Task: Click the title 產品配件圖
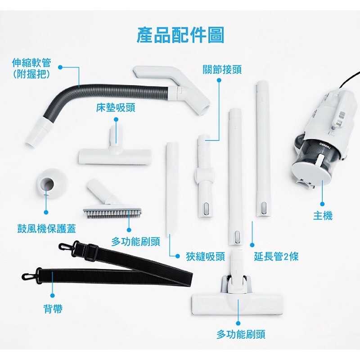[180, 35]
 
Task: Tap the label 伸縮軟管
[31, 63]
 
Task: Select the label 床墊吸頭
[116, 108]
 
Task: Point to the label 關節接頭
[222, 70]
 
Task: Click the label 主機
[323, 216]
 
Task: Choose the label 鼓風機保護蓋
[47, 229]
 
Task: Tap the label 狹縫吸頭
[206, 256]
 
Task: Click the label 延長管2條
[276, 256]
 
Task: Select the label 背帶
[53, 309]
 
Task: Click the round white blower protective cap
[52, 183]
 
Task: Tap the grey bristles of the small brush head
[112, 213]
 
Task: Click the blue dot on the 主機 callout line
[322, 204]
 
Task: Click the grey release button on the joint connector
[206, 208]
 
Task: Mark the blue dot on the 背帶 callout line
[53, 296]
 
